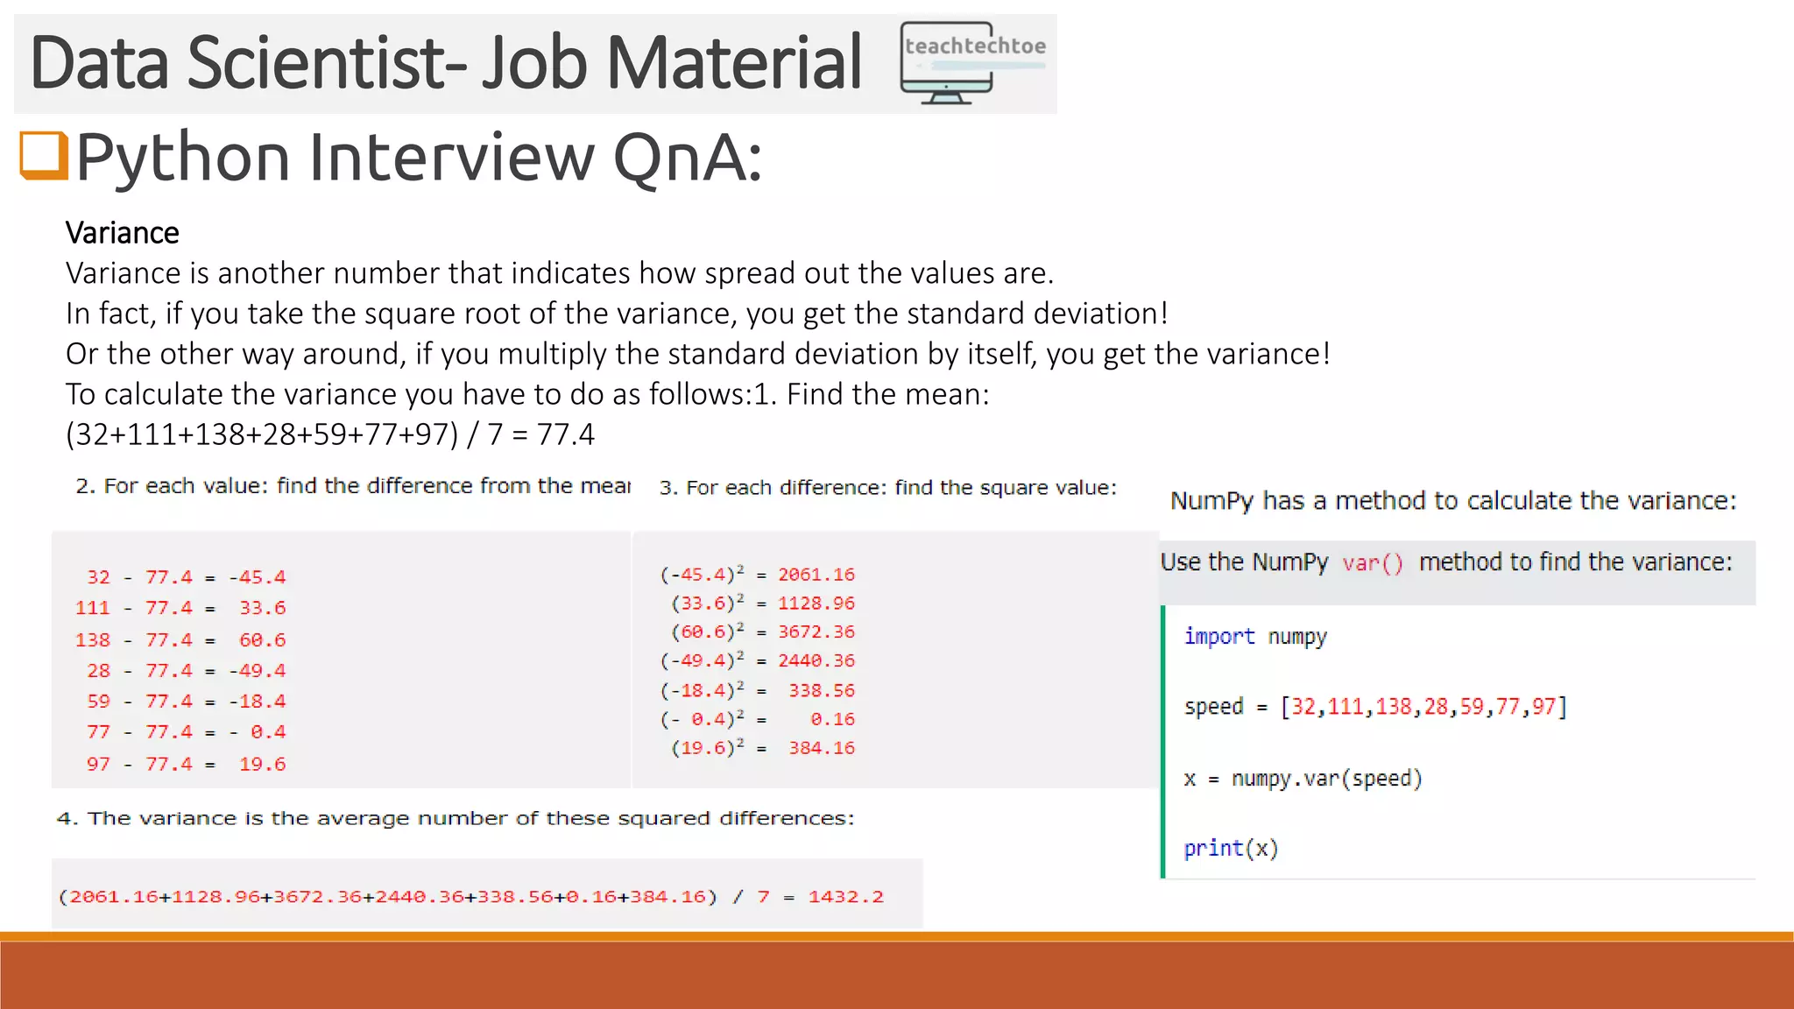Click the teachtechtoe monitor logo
(x=972, y=63)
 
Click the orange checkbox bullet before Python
(x=44, y=155)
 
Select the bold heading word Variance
(x=122, y=233)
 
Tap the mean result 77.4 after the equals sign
(x=566, y=434)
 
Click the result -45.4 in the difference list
(x=257, y=577)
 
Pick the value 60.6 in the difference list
(x=262, y=640)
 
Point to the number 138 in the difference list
(x=93, y=640)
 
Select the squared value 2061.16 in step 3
(x=816, y=575)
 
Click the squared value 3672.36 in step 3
(x=816, y=632)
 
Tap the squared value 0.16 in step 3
(x=831, y=719)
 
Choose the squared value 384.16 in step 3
(x=821, y=748)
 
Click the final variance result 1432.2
(x=845, y=897)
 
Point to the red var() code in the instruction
(x=1373, y=563)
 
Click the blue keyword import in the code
(x=1218, y=637)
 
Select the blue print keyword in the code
(x=1212, y=848)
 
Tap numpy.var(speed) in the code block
(x=1326, y=779)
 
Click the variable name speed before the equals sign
(x=1213, y=707)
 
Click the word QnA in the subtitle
(x=687, y=158)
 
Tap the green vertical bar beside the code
(x=1163, y=741)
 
